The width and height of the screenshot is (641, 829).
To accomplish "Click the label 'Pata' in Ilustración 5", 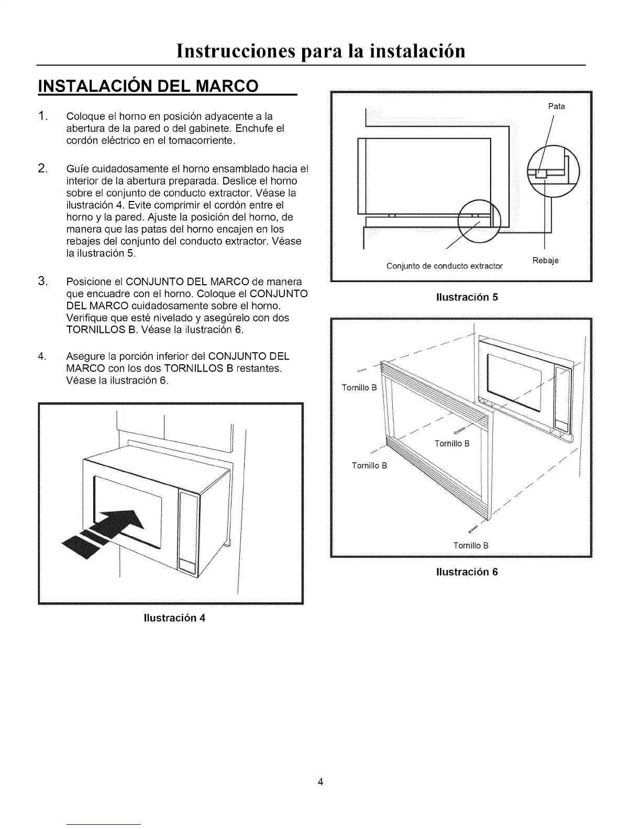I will tap(556, 106).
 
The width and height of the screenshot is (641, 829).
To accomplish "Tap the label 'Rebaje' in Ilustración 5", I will tap(545, 261).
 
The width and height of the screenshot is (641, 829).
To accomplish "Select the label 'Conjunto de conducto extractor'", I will tap(444, 266).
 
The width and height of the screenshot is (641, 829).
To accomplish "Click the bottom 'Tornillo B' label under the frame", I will tap(471, 546).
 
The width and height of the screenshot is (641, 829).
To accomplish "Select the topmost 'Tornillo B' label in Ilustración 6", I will tap(359, 388).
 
